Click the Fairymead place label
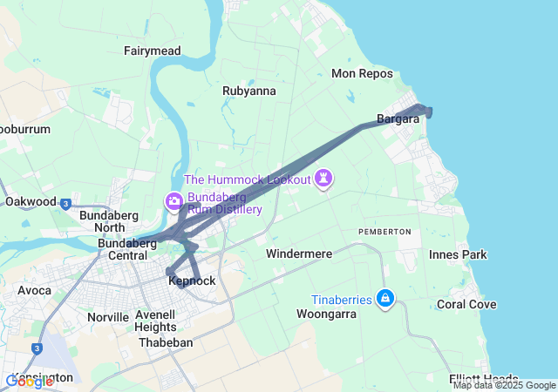point(152,51)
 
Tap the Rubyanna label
point(249,91)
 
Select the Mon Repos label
point(362,73)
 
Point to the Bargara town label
point(398,118)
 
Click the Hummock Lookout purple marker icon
point(325,179)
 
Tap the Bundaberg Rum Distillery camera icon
point(174,202)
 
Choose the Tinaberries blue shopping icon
point(385,300)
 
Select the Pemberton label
point(384,231)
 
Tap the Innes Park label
point(458,254)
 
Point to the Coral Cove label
point(466,304)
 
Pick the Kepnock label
point(191,280)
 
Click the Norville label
point(108,317)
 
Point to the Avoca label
point(34,290)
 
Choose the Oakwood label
point(31,201)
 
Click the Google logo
point(29,381)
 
